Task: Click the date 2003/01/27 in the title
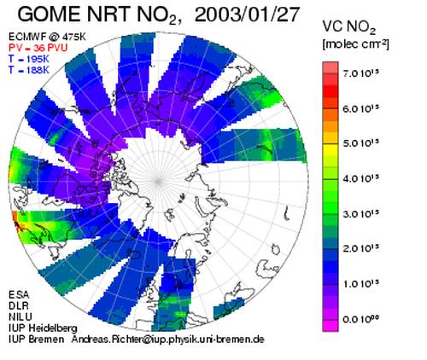coord(247,15)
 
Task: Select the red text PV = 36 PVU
coord(38,48)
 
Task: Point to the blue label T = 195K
coord(29,59)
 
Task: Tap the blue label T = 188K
coord(29,70)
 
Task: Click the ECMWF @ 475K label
coord(47,37)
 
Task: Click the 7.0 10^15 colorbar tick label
coord(361,73)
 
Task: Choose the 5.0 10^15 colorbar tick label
coord(361,143)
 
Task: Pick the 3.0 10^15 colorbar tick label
coord(361,213)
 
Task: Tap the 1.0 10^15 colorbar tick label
coord(361,284)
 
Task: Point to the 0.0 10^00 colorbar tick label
coord(361,319)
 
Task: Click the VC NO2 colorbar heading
coord(349,28)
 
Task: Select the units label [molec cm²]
coord(356,44)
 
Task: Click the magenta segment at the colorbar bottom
coord(330,326)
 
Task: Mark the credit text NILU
coord(20,317)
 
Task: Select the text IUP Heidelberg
coord(43,328)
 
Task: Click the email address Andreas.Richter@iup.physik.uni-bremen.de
coord(168,340)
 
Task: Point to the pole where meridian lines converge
coord(158,181)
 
